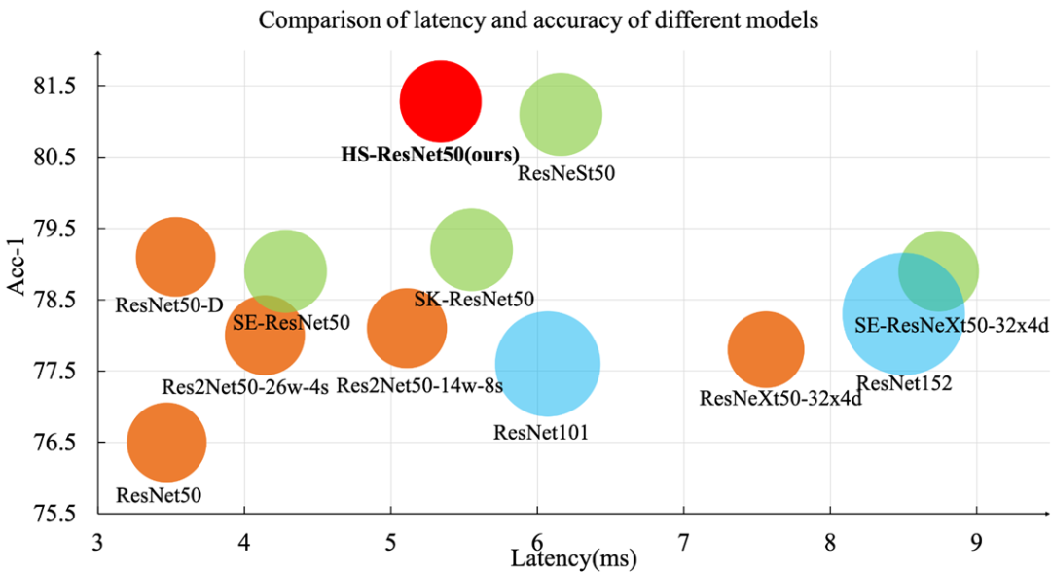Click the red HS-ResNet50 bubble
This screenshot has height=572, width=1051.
[441, 101]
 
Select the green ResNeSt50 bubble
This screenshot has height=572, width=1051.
[561, 115]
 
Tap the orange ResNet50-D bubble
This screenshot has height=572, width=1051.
[175, 257]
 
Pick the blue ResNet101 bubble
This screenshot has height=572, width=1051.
[547, 364]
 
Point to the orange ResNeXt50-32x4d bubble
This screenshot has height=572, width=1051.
[765, 350]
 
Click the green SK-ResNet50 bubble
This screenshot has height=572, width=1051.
[471, 250]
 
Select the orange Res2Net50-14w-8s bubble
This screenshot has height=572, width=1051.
[407, 329]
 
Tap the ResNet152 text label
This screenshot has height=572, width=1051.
[904, 384]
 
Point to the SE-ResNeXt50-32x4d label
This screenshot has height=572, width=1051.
[951, 326]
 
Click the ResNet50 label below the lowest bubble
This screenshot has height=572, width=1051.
[159, 495]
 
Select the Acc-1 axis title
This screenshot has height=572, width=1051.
[17, 294]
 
